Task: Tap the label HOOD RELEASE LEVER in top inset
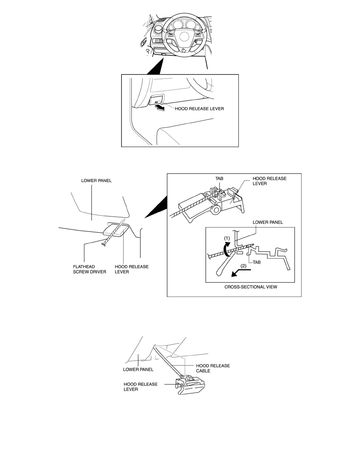(199, 109)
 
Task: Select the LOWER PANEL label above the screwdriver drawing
(96, 181)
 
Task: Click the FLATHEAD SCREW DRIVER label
(89, 269)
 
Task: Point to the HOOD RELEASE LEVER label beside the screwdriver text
(132, 269)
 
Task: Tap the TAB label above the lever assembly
(219, 178)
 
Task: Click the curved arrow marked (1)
(227, 249)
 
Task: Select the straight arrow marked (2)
(241, 273)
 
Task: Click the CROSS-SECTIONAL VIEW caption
(251, 287)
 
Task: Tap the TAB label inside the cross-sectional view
(256, 262)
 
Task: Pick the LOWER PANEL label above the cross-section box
(267, 222)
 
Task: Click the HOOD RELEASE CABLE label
(213, 368)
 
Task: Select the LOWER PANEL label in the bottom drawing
(138, 370)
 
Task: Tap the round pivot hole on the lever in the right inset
(215, 210)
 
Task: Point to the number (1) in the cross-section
(227, 238)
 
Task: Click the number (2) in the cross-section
(243, 266)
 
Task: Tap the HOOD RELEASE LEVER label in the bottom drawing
(140, 387)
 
